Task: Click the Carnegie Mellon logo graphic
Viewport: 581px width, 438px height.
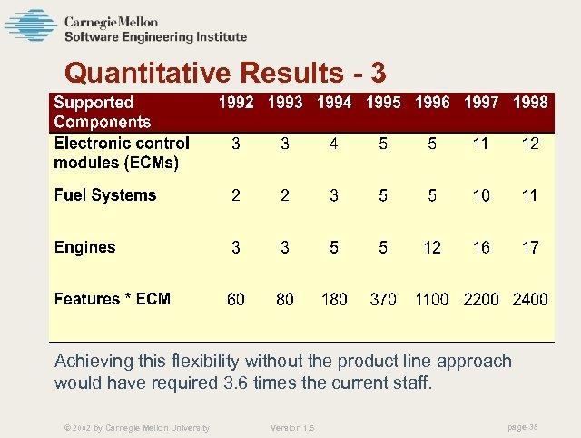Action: point(30,25)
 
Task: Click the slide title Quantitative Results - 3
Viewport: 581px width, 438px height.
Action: point(226,72)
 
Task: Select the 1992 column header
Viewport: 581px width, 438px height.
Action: point(236,103)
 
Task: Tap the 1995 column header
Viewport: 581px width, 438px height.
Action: point(383,103)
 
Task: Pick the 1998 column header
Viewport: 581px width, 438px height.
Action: point(530,103)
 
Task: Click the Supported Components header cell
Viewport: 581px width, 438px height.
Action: point(103,113)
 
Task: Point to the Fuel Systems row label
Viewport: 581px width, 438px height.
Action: point(105,195)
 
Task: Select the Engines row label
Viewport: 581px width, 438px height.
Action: point(85,247)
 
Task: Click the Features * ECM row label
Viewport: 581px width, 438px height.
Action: point(113,299)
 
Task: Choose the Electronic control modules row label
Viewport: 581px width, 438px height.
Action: point(122,154)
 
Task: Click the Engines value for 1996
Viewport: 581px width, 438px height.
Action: point(432,247)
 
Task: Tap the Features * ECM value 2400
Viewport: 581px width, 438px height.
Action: point(530,299)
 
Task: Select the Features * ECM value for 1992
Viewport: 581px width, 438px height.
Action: point(236,299)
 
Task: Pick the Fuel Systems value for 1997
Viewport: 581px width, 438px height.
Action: point(481,195)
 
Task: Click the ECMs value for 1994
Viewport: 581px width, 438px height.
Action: point(334,144)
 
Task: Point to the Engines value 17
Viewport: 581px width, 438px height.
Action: point(530,247)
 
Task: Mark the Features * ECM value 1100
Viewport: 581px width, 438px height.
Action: point(432,299)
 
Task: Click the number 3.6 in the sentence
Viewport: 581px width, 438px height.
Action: point(233,383)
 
